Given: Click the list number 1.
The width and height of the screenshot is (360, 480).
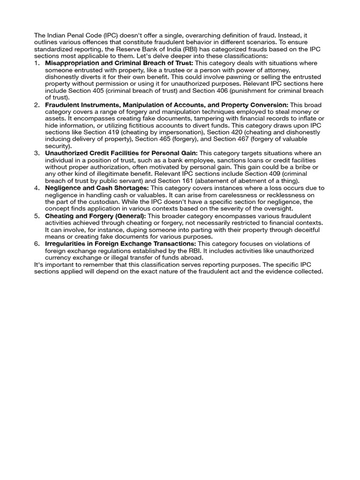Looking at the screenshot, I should pyautogui.click(x=37, y=63).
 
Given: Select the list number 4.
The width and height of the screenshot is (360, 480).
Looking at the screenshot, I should pyautogui.click(x=37, y=188).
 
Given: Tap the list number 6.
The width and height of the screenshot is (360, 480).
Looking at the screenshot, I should pyautogui.click(x=37, y=244).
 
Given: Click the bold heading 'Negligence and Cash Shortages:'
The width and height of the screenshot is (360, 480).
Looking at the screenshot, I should pyautogui.click(x=97, y=188).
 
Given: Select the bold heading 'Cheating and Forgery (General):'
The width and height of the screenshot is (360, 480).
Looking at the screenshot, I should pyautogui.click(x=96, y=216).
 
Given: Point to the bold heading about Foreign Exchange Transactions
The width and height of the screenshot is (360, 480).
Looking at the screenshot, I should pyautogui.click(x=120, y=244).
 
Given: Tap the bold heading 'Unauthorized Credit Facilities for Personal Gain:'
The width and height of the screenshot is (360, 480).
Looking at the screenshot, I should pyautogui.click(x=121, y=153).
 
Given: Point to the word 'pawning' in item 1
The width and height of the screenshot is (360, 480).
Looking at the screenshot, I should pyautogui.click(x=252, y=76).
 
